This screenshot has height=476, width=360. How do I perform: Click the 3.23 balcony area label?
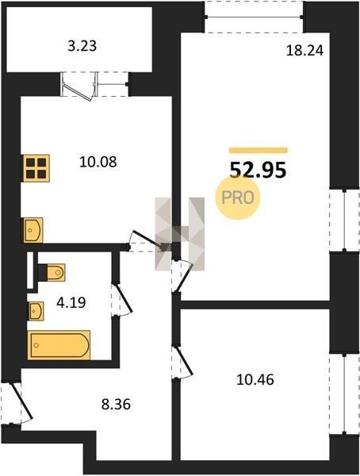82,46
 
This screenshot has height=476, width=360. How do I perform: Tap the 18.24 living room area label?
304,51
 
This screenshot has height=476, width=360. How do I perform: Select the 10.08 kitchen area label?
98,162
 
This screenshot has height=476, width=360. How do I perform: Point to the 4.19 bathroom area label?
71,303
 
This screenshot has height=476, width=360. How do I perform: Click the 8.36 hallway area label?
116,405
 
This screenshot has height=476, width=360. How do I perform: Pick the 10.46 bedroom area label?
255,380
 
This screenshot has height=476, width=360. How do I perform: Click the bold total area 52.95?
258,170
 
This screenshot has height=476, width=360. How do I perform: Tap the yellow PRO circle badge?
238,198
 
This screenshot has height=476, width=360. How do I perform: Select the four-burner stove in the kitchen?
36,168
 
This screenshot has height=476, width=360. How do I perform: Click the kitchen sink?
33,230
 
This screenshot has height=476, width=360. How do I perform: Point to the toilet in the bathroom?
52,272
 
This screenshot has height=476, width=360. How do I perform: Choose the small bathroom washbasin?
36,311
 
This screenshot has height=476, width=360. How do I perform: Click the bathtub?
59,345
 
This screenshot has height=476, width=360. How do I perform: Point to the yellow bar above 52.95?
258,150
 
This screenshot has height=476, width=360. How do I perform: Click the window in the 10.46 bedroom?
344,394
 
